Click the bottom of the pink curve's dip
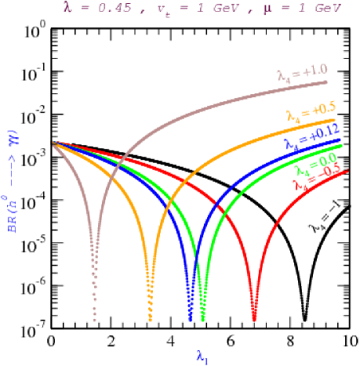click(x=95, y=320)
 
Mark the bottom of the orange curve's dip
click(x=150, y=320)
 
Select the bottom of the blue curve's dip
click(x=190, y=320)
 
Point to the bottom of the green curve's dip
click(x=202, y=320)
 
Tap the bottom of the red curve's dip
click(x=254, y=320)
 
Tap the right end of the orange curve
click(x=336, y=121)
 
